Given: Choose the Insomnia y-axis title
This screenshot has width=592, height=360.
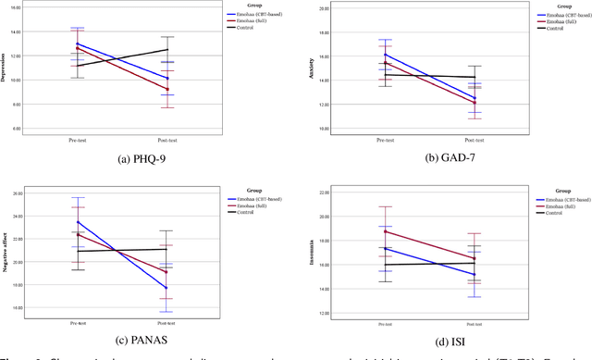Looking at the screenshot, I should (312, 252).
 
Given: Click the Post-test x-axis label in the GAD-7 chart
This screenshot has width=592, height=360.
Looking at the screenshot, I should (475, 139).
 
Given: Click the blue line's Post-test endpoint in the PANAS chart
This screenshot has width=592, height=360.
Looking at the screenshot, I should (166, 288).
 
